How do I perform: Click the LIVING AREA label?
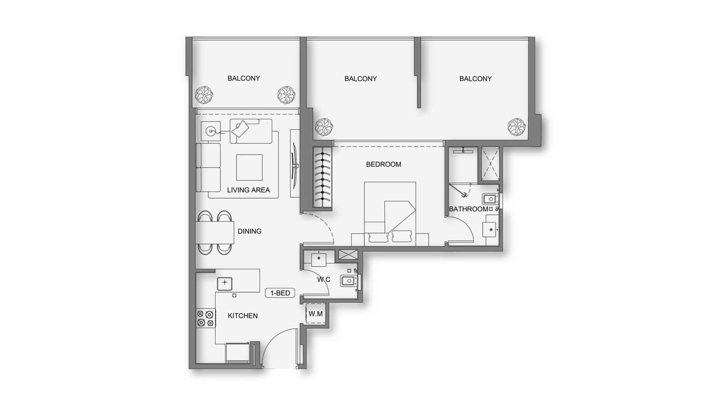(248, 190)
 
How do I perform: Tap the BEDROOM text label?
(383, 164)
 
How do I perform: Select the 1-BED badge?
(280, 293)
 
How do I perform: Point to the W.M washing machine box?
(316, 314)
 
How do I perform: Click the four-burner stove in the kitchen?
(206, 318)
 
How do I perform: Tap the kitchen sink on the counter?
(224, 283)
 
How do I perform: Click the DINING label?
(249, 231)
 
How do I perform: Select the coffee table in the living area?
(249, 167)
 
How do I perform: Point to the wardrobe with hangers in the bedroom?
(323, 177)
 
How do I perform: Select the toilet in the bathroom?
(491, 199)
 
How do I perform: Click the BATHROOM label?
(468, 209)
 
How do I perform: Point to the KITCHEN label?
(243, 316)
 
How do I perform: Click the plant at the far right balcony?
(516, 127)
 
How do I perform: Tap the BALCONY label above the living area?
(244, 78)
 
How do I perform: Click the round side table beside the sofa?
(211, 131)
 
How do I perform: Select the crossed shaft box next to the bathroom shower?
(491, 164)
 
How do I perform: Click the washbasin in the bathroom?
(491, 230)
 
